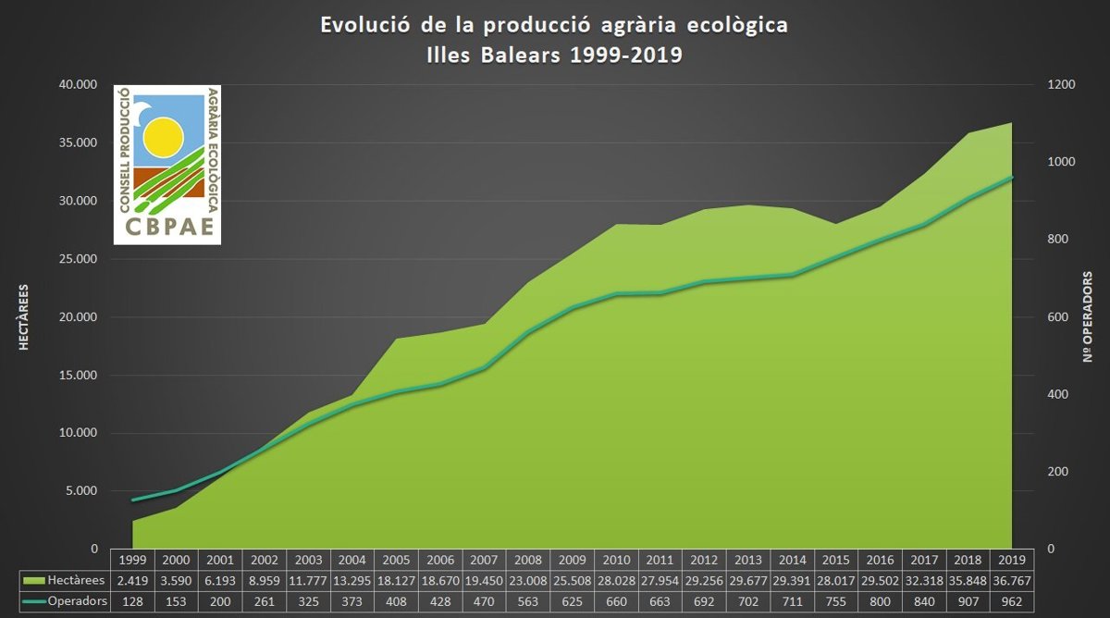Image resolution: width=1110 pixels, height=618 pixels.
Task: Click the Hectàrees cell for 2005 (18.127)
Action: click(x=398, y=580)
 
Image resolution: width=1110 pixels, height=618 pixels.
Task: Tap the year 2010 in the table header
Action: click(x=616, y=560)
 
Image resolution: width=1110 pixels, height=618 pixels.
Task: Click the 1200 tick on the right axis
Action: click(x=1062, y=85)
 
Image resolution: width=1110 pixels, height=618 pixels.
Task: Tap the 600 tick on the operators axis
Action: click(x=1058, y=317)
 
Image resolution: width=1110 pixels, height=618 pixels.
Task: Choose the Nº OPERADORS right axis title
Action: click(x=1089, y=317)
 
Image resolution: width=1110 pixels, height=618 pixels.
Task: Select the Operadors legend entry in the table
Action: click(x=63, y=600)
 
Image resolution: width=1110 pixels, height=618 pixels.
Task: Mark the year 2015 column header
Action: click(x=835, y=560)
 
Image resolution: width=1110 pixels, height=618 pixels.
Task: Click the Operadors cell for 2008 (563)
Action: click(x=529, y=600)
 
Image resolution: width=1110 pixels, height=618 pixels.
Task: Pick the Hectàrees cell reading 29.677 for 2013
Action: click(x=747, y=580)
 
